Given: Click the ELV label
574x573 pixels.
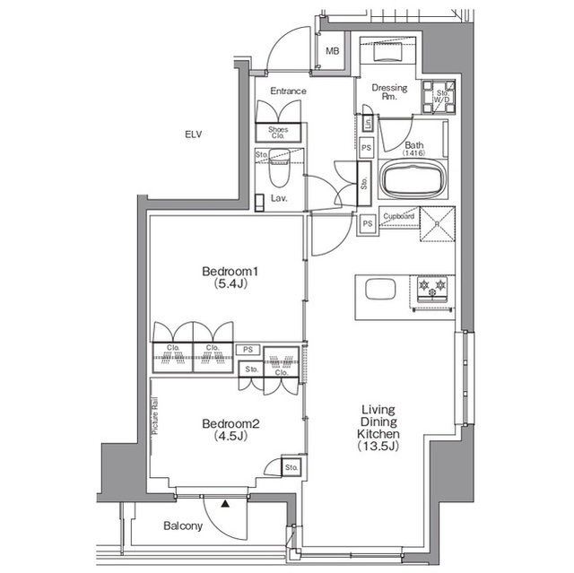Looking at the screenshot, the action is pyautogui.click(x=194, y=135).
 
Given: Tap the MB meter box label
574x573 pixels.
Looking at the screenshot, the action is pyautogui.click(x=333, y=51).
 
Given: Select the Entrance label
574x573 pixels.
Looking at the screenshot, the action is pyautogui.click(x=288, y=91).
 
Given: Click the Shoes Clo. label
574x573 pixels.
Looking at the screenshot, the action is pyautogui.click(x=278, y=133).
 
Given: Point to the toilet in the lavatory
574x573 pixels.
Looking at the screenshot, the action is pyautogui.click(x=279, y=169).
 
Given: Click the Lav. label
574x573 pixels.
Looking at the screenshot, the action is pyautogui.click(x=279, y=198).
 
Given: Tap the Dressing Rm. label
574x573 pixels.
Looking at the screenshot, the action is pyautogui.click(x=389, y=91).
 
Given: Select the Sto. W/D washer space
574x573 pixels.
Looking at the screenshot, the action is pyautogui.click(x=439, y=97).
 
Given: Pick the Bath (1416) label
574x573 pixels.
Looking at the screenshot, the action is pyautogui.click(x=414, y=149).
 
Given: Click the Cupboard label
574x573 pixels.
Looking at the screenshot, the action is pyautogui.click(x=398, y=216).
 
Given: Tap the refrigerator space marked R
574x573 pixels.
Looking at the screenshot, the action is pyautogui.click(x=438, y=224).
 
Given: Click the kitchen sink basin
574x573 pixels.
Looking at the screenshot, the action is pyautogui.click(x=380, y=289).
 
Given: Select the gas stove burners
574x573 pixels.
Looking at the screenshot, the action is pyautogui.click(x=432, y=286).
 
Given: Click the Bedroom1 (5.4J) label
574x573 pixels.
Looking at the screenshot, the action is pyautogui.click(x=230, y=277).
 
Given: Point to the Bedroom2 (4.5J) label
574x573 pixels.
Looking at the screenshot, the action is pyautogui.click(x=230, y=430).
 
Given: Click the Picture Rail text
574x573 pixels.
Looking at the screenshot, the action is pyautogui.click(x=155, y=416).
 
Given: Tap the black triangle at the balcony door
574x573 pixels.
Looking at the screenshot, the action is pyautogui.click(x=225, y=504).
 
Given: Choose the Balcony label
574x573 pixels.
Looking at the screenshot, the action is pyautogui.click(x=183, y=526).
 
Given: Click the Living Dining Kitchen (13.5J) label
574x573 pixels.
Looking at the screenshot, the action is pyautogui.click(x=378, y=428).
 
